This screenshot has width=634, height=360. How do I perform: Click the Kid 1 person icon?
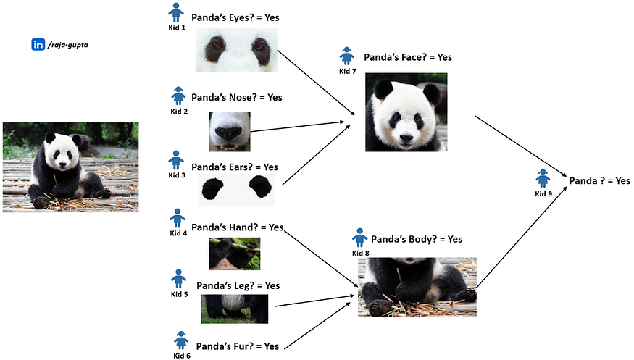pyautogui.click(x=176, y=12)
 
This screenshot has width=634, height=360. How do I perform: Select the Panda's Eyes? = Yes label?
pyautogui.click(x=235, y=17)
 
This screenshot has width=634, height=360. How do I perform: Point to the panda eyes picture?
pyautogui.click(x=236, y=51)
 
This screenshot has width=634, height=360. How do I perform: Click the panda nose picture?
pyautogui.click(x=229, y=130)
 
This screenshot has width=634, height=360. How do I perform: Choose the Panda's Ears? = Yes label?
pyautogui.click(x=235, y=167)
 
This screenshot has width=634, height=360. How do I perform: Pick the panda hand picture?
pyautogui.click(x=234, y=254)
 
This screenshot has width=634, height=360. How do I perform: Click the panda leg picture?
pyautogui.click(x=234, y=309)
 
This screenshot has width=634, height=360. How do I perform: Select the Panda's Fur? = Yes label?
pyautogui.click(x=238, y=346)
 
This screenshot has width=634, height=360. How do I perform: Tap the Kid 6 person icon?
pyautogui.click(x=181, y=339)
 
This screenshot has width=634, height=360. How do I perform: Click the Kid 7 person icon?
pyautogui.click(x=347, y=56)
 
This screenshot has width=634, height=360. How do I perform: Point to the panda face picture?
pyautogui.click(x=406, y=112)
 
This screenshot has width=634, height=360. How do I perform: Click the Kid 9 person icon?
pyautogui.click(x=543, y=177)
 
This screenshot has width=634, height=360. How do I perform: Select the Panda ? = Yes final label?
pyautogui.click(x=600, y=180)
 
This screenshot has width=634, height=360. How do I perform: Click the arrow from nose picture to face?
pyautogui.click(x=297, y=128)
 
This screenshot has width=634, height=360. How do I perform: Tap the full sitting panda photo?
pyautogui.click(x=70, y=167)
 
